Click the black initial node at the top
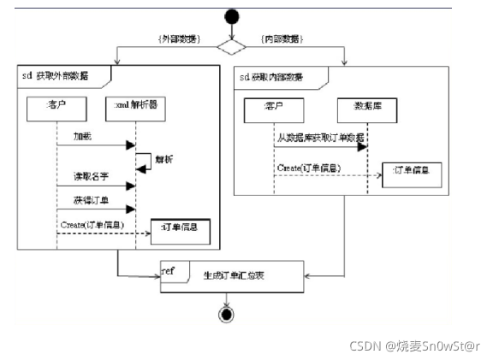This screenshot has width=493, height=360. click(229, 16)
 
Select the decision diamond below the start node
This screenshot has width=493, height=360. click(229, 48)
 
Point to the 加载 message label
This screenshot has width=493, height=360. click(83, 136)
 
